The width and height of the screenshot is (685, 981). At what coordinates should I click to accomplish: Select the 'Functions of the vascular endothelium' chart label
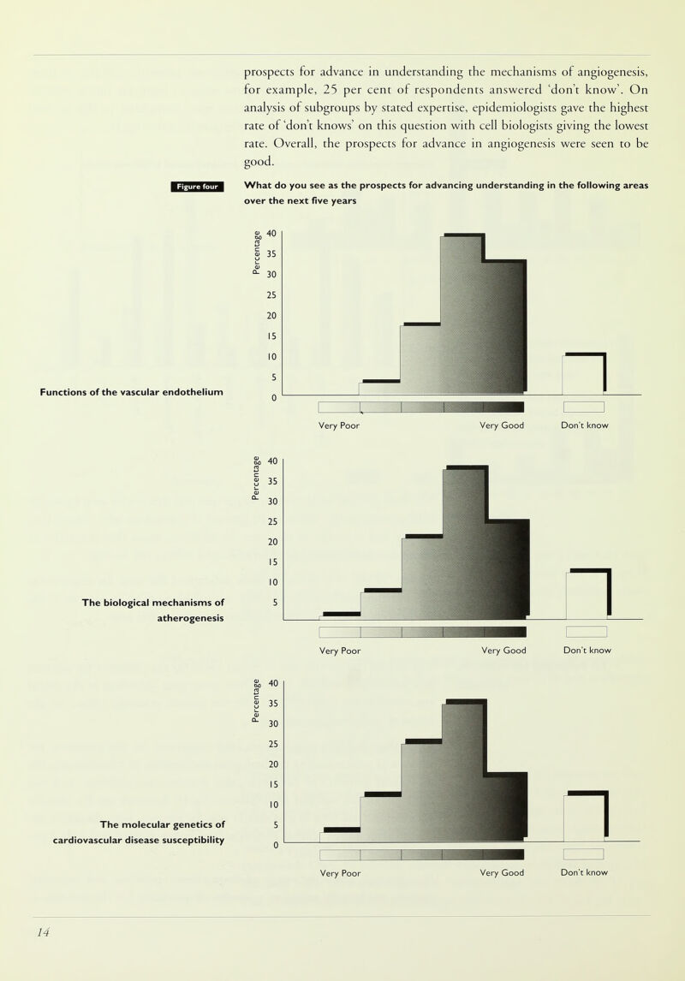132,392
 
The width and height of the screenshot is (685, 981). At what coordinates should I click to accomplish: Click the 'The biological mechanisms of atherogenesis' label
152,610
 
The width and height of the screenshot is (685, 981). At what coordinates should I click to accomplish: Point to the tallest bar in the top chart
462,313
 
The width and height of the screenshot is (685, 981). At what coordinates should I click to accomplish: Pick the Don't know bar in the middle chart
587,594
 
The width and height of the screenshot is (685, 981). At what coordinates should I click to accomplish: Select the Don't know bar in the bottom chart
585,817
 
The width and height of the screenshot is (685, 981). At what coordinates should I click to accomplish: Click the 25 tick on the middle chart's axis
273,521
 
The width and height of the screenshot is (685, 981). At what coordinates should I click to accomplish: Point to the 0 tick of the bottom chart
273,846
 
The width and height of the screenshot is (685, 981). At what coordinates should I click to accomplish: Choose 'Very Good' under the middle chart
503,651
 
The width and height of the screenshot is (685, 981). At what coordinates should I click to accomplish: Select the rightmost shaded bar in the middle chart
506,569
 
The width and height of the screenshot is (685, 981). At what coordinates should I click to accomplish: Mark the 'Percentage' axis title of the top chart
254,253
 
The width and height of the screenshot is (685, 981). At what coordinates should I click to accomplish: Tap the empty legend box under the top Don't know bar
584,407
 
